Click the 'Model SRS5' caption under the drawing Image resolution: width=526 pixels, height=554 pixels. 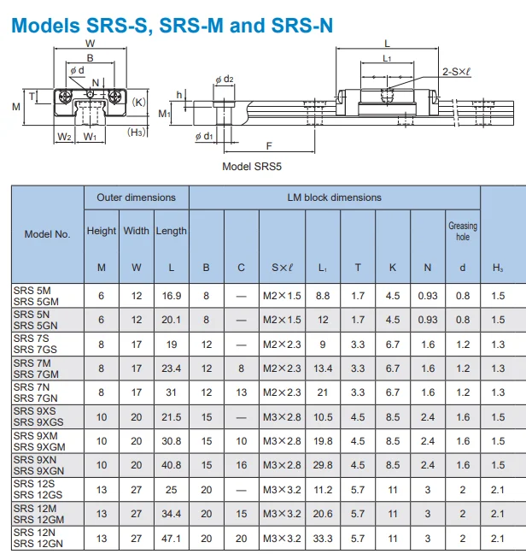(x=252, y=167)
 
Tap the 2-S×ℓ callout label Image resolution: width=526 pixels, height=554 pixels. (x=457, y=72)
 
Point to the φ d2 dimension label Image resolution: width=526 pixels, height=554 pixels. (x=225, y=79)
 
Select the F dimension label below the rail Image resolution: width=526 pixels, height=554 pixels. (x=269, y=146)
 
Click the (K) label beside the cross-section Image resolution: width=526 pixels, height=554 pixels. (x=138, y=102)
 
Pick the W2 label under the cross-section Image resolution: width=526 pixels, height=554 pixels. (x=64, y=137)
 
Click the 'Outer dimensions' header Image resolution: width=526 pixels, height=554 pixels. (x=136, y=197)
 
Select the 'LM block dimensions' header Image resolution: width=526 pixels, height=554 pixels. (x=334, y=197)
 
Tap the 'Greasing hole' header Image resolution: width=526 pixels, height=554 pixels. (x=463, y=231)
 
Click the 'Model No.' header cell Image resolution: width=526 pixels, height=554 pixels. (x=47, y=234)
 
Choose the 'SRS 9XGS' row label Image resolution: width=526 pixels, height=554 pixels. (x=38, y=422)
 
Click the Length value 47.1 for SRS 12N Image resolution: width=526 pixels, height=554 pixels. (x=171, y=539)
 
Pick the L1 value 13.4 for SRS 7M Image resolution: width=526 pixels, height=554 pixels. (x=323, y=368)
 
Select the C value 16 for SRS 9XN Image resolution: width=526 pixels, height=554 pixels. (x=242, y=465)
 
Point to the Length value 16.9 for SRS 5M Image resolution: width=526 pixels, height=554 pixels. (x=172, y=296)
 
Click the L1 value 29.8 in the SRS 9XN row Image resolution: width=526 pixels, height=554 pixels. (x=323, y=465)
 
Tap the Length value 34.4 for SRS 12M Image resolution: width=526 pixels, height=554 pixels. (x=171, y=514)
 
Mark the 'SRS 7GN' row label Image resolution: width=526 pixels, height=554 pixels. (x=35, y=398)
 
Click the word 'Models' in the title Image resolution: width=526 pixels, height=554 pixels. (x=46, y=26)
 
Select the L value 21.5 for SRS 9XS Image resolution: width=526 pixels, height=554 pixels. (x=172, y=417)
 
